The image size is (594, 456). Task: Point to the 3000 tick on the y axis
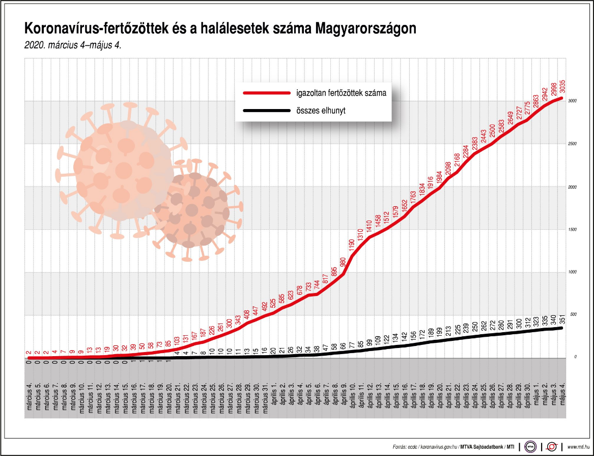[572, 101]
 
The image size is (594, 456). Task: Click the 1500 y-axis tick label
[572, 230]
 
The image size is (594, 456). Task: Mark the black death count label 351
[562, 320]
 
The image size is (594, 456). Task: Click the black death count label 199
[439, 333]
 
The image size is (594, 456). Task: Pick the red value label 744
[317, 286]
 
